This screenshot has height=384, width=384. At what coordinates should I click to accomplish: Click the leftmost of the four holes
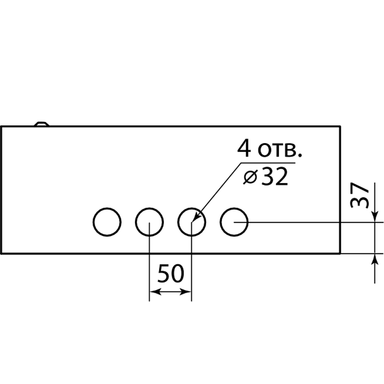93,222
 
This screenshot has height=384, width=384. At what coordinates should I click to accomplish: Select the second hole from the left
136,222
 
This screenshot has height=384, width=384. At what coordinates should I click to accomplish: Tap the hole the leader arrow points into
178,222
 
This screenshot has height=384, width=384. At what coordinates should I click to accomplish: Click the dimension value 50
170,273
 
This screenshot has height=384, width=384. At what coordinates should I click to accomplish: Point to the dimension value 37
359,195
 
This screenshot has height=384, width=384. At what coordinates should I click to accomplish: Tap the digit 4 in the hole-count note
244,148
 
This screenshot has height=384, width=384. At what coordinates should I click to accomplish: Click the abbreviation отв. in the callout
280,150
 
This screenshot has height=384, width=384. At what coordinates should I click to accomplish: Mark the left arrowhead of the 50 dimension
155,291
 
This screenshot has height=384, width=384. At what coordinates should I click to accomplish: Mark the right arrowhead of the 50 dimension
185,291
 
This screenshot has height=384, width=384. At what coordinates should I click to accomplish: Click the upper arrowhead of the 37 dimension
374,217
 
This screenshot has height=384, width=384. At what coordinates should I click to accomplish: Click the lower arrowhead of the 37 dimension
374,260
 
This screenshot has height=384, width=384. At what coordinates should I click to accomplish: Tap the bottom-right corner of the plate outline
340,254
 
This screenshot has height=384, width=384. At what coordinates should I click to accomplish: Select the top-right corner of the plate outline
340,126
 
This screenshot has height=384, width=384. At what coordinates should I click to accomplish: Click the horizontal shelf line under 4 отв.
268,163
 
